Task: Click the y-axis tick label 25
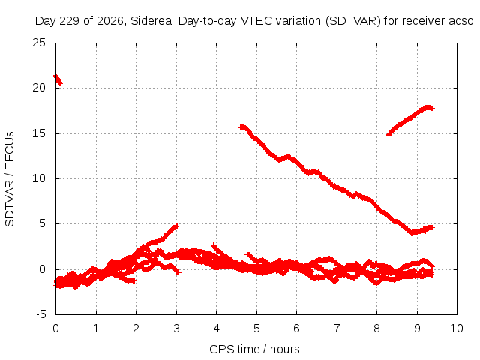pos(39,43)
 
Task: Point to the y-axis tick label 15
pos(39,133)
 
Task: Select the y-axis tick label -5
pos(40,314)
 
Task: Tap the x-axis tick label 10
pos(457,328)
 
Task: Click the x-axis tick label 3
pos(176,328)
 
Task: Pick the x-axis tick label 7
pos(337,328)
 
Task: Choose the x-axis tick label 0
pos(55,328)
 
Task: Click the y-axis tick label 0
pos(42,269)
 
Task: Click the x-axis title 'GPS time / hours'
pos(254,349)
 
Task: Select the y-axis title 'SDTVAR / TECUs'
pos(10,179)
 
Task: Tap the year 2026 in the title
pos(111,22)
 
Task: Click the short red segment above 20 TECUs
pos(58,80)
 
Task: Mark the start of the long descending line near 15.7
pos(241,127)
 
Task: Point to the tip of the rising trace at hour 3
pos(177,226)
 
